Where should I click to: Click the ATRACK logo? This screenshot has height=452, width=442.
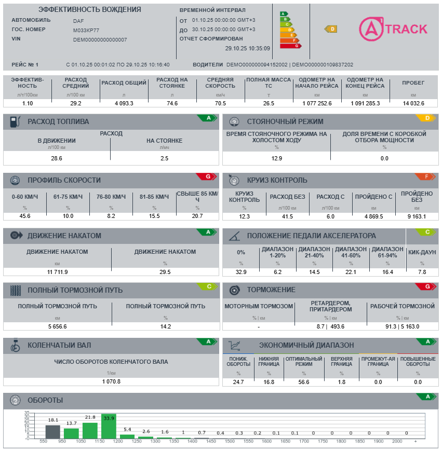tap(393, 29)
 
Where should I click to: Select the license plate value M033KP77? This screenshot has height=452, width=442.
tap(86, 30)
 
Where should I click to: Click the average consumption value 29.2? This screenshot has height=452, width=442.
tap(76, 103)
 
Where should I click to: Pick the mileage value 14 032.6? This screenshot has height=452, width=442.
tap(413, 103)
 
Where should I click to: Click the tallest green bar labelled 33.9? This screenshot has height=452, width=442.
tap(109, 427)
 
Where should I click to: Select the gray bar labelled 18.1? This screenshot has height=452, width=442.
tap(52, 432)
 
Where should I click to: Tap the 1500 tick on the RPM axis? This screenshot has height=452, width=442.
tap(248, 441)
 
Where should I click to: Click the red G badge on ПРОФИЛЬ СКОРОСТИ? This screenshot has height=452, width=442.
tap(208, 177)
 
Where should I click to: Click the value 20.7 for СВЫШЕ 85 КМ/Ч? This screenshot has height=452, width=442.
tap(197, 216)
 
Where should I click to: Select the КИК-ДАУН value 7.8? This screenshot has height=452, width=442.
tap(422, 272)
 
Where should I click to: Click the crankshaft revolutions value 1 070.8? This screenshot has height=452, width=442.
tap(111, 381)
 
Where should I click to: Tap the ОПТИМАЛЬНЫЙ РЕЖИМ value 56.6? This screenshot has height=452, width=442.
tap(304, 382)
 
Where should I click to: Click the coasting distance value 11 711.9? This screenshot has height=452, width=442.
tap(57, 272)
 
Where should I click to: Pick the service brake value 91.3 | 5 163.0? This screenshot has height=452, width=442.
tap(402, 326)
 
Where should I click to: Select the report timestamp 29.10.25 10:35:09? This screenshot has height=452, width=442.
tap(247, 48)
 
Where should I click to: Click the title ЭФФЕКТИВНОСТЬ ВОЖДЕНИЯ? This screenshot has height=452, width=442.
tap(89, 10)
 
